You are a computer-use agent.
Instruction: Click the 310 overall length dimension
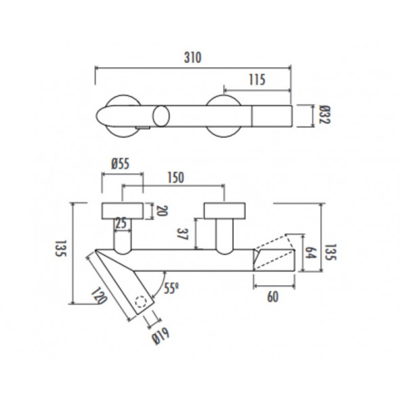click(193, 58)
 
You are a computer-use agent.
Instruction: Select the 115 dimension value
click(255, 79)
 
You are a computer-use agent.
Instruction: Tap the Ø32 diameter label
click(323, 116)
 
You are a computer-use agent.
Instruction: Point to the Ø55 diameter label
click(120, 163)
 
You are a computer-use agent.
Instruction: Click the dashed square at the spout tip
click(141, 303)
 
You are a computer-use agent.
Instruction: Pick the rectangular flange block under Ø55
click(122, 211)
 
